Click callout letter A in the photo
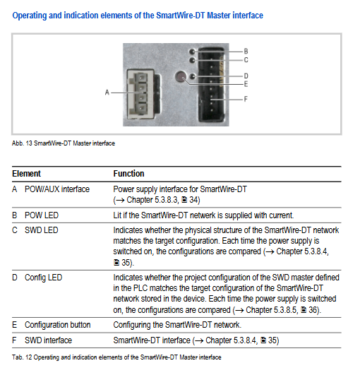coord(107,93)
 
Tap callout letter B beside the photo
coord(246,52)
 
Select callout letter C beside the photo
coord(246,60)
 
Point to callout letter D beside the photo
coord(246,76)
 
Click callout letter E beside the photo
coord(246,84)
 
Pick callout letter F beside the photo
coord(246,100)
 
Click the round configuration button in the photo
coord(181,77)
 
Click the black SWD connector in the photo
coord(211,85)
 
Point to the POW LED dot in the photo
coord(192,52)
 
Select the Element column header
coord(27,174)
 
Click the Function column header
coord(128,174)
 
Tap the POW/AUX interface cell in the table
coord(57,189)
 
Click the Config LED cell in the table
coord(43,278)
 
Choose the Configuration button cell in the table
coord(57,325)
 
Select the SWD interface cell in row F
coord(48,340)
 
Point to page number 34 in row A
coord(194,200)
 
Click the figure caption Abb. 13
coord(64,143)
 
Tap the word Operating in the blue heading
coord(30,16)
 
